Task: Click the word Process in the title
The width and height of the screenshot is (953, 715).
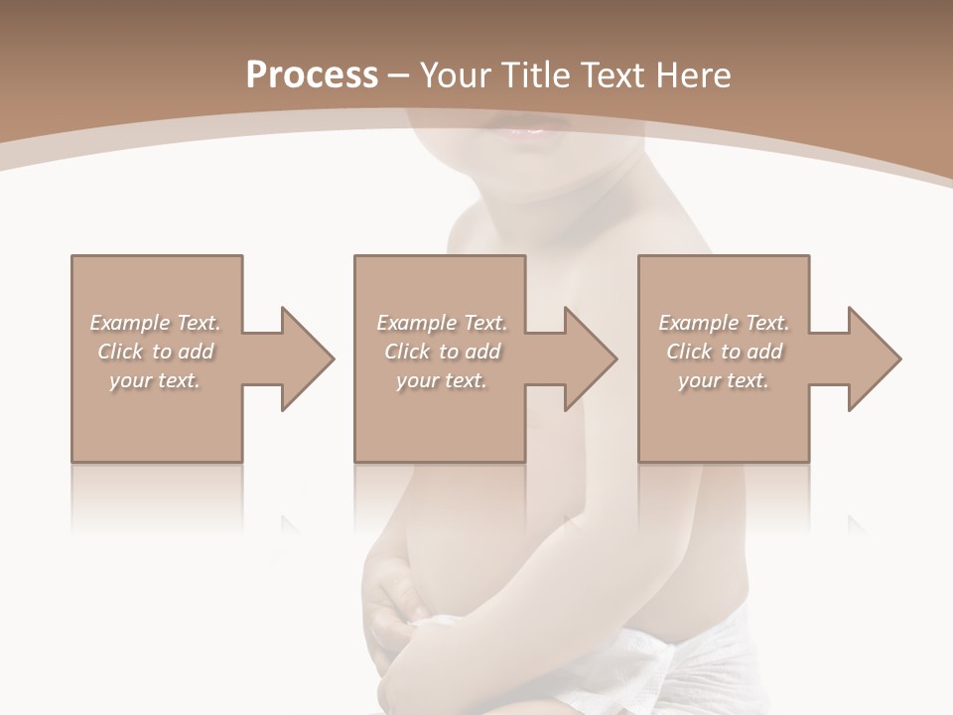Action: tap(312, 75)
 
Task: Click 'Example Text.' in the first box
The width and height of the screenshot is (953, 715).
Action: tap(156, 323)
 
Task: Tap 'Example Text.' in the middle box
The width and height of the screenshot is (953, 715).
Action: tap(442, 323)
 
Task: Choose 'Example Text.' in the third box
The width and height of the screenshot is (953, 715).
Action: tap(724, 323)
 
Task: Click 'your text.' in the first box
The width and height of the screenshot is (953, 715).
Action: tap(155, 380)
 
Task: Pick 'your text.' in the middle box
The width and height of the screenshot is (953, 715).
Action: tap(441, 380)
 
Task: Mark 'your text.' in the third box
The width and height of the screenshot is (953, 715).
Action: tap(724, 380)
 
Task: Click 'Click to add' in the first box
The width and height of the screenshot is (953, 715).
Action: tap(156, 352)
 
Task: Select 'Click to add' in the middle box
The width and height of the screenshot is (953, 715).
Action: tap(442, 352)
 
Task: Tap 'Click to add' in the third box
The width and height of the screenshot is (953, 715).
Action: tap(724, 352)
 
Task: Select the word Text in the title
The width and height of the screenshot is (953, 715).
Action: tap(613, 75)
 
